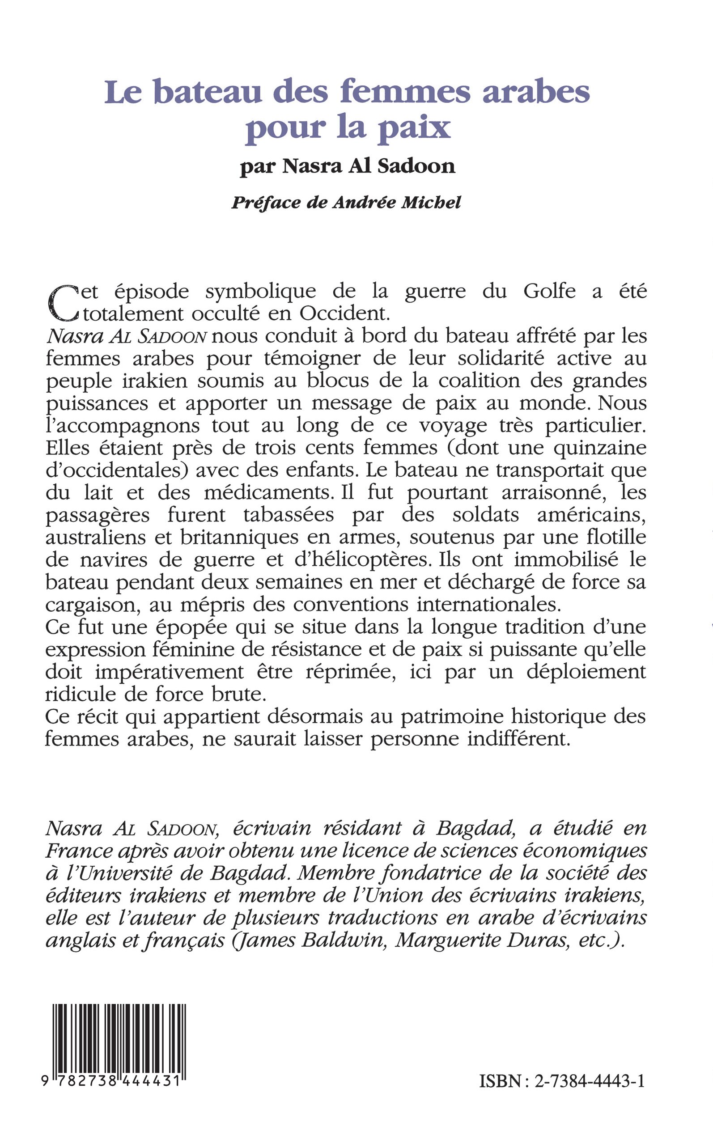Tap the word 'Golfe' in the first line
(549, 291)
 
